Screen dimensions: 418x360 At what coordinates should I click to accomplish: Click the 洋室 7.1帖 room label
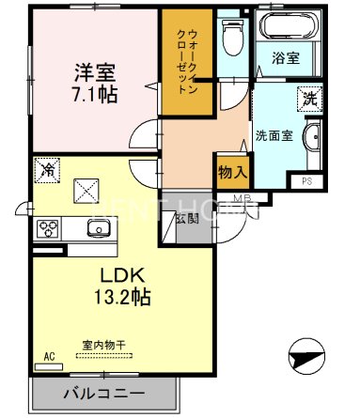94,81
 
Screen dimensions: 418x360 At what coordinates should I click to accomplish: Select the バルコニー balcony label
104,393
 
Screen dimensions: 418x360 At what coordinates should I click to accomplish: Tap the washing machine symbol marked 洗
307,96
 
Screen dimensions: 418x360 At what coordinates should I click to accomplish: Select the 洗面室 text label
274,135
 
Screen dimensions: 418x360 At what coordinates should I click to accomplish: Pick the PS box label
307,181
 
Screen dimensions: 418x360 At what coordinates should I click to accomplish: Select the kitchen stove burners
48,229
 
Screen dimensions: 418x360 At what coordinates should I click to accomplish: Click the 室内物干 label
99,346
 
